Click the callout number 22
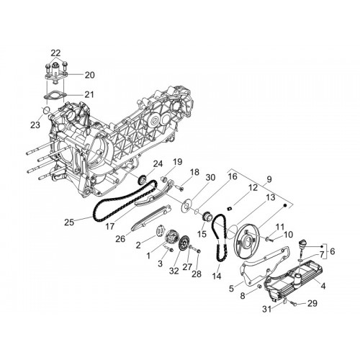click(x=55, y=53)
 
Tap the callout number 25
click(x=69, y=222)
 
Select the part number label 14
click(x=217, y=276)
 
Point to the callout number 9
click(x=269, y=179)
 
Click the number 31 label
click(x=266, y=309)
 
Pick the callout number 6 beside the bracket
click(x=333, y=251)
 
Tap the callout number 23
click(x=35, y=125)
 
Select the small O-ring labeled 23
click(x=46, y=110)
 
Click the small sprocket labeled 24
click(x=143, y=179)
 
